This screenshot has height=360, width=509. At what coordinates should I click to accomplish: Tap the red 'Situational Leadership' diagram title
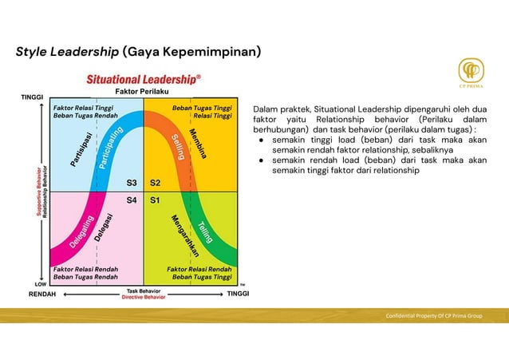pyautogui.click(x=144, y=79)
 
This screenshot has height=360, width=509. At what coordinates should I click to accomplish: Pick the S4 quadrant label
pyautogui.click(x=132, y=200)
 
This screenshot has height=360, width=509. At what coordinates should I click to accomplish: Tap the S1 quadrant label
pyautogui.click(x=156, y=200)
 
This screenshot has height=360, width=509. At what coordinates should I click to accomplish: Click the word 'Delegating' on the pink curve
pyautogui.click(x=81, y=231)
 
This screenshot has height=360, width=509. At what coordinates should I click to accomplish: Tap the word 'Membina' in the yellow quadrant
pyautogui.click(x=199, y=143)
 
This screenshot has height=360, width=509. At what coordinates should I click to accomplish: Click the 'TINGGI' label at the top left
pyautogui.click(x=32, y=97)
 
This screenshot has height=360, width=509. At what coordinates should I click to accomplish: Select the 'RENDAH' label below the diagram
pyautogui.click(x=43, y=294)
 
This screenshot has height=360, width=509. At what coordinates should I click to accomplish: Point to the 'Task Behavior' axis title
pyautogui.click(x=143, y=291)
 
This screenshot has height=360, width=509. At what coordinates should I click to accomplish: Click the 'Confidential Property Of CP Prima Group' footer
pyautogui.click(x=434, y=316)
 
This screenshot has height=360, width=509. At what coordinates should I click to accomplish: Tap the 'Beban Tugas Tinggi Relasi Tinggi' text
pyautogui.click(x=202, y=111)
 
